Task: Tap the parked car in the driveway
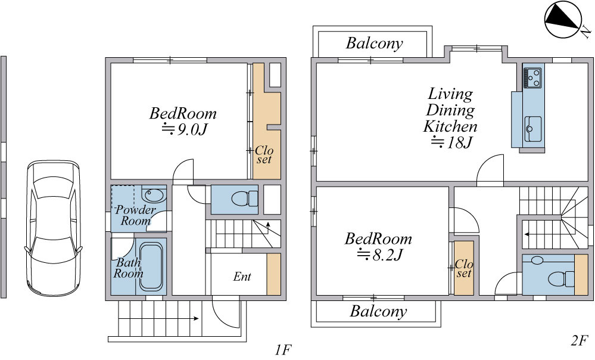pyautogui.click(x=54, y=228)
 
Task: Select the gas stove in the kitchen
pyautogui.click(x=532, y=77)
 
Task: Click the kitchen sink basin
pyautogui.click(x=533, y=129)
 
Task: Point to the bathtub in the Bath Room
pyautogui.click(x=152, y=266)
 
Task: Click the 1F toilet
pyautogui.click(x=244, y=198)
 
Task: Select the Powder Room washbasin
pyautogui.click(x=154, y=195)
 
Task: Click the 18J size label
pyautogui.click(x=451, y=142)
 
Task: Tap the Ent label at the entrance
pyautogui.click(x=242, y=277)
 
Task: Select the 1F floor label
pyautogui.click(x=283, y=349)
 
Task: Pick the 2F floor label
pyautogui.click(x=579, y=341)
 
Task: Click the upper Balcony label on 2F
pyautogui.click(x=374, y=43)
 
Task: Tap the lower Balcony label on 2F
pyautogui.click(x=378, y=311)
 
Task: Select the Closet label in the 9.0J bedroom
pyautogui.click(x=264, y=154)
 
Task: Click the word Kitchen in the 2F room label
pyautogui.click(x=450, y=126)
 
